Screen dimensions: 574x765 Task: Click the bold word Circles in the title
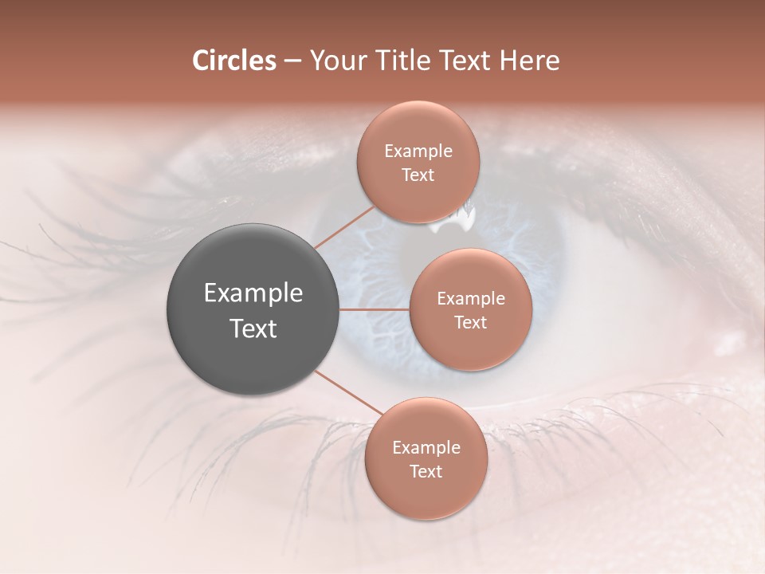click(x=233, y=61)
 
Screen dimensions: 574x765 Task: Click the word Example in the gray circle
click(x=253, y=293)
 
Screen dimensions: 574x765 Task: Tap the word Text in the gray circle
click(x=253, y=328)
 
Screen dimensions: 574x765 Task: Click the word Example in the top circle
click(x=418, y=151)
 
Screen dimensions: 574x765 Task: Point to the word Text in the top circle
click(x=418, y=175)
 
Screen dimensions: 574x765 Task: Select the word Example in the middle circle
click(x=471, y=299)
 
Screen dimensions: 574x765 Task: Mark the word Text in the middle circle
click(x=471, y=323)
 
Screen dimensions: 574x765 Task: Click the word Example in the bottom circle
click(x=426, y=448)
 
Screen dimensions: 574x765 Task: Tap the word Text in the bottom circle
click(x=426, y=472)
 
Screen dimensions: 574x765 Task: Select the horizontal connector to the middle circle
click(x=375, y=309)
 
